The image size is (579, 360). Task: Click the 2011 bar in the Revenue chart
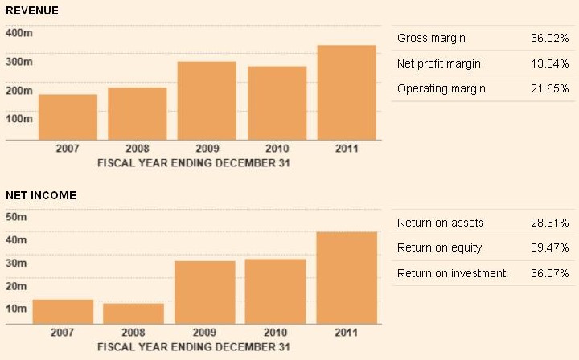click(347, 92)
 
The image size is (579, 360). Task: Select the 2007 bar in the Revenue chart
click(68, 117)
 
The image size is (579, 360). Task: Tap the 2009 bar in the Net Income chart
click(205, 292)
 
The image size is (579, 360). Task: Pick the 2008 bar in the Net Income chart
click(134, 313)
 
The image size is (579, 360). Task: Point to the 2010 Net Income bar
click(275, 291)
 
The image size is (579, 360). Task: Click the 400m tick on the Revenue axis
click(18, 33)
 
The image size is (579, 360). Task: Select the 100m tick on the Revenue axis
click(18, 118)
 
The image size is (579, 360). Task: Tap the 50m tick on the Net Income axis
click(17, 217)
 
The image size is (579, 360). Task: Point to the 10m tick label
click(17, 309)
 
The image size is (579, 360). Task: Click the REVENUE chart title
click(31, 10)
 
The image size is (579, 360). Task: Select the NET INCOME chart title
click(40, 195)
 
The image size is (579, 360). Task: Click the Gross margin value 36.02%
click(550, 38)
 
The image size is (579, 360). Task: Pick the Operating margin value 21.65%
click(550, 88)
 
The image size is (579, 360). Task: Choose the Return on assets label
click(441, 223)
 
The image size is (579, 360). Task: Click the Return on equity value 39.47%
click(550, 248)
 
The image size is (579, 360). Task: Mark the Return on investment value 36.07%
click(550, 273)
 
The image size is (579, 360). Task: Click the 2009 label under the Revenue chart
click(207, 149)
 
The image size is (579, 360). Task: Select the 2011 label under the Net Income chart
click(347, 332)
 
